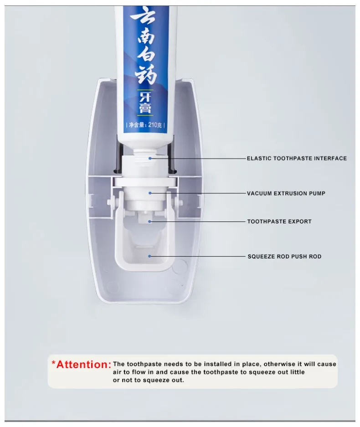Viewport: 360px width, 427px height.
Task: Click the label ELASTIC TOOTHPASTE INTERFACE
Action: click(x=297, y=159)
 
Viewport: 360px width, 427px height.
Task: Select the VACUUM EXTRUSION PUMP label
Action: click(x=286, y=193)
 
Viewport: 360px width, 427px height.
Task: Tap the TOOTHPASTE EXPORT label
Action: click(x=279, y=221)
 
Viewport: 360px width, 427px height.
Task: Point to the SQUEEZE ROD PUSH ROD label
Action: click(x=284, y=257)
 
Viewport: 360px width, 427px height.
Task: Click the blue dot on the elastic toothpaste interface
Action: click(x=150, y=158)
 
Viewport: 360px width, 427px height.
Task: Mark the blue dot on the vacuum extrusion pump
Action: click(x=150, y=193)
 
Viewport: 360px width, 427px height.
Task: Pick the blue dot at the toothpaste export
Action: click(x=149, y=221)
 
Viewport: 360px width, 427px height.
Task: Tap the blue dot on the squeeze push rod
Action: click(x=149, y=256)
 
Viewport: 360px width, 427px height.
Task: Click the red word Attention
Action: click(x=83, y=365)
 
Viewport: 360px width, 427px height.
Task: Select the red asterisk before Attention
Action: click(x=53, y=363)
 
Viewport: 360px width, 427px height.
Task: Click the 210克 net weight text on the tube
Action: click(x=155, y=125)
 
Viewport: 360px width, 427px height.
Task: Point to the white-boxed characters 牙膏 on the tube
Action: click(x=145, y=103)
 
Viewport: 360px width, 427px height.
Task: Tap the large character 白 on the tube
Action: click(x=146, y=55)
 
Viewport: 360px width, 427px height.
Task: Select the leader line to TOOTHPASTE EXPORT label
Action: click(x=197, y=221)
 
